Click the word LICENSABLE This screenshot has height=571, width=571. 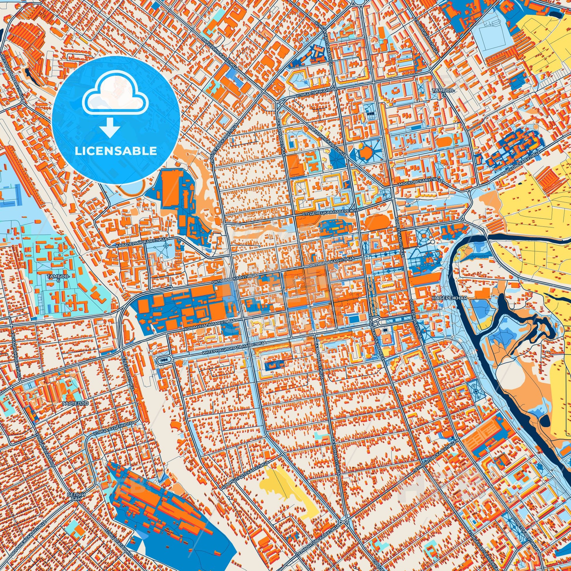point(116,151)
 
